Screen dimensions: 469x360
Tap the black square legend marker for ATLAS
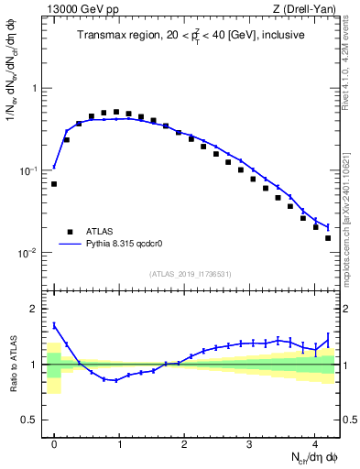point(69,233)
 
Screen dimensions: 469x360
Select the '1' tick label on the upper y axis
point(35,89)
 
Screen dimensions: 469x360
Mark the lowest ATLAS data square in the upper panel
point(328,238)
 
